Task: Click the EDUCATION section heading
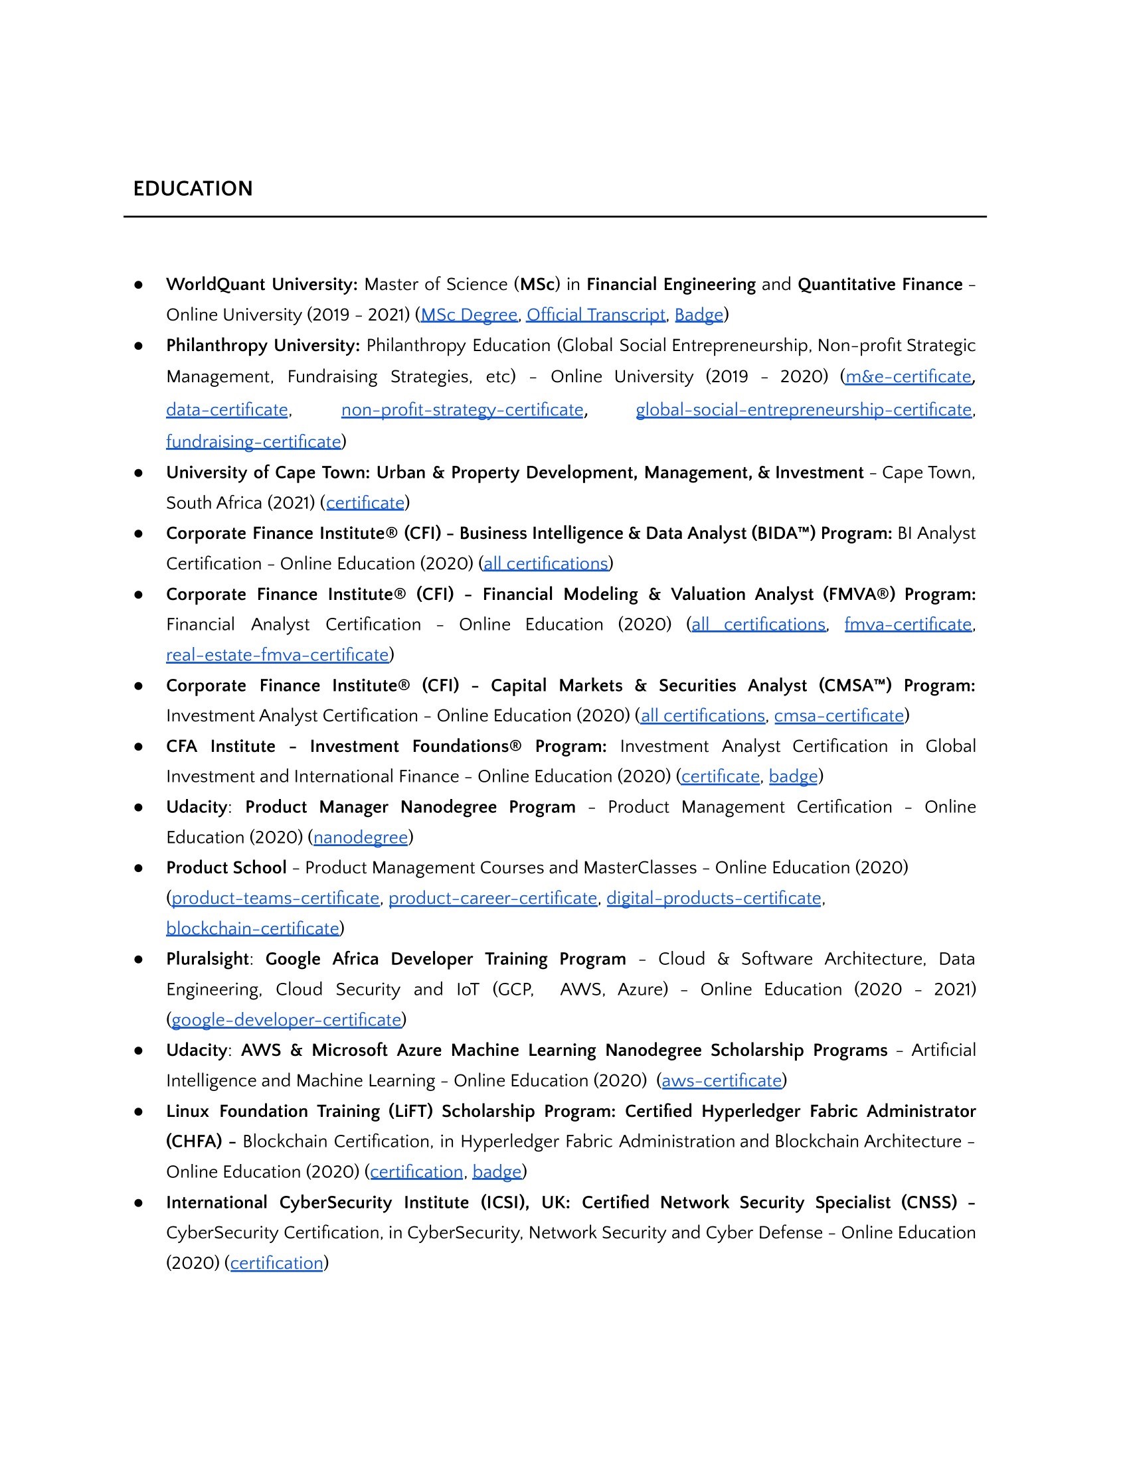(x=193, y=188)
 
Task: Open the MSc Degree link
(x=469, y=315)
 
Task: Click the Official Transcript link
(x=595, y=315)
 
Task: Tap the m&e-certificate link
(x=909, y=377)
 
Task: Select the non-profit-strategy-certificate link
(x=462, y=409)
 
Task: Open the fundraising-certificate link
(x=254, y=442)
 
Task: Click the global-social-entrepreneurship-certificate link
(x=804, y=409)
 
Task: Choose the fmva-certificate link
(x=908, y=624)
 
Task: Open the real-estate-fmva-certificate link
(x=277, y=655)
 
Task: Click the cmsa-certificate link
(x=839, y=716)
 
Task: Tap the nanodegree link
(x=361, y=838)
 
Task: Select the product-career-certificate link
(x=493, y=899)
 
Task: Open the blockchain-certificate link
(x=252, y=928)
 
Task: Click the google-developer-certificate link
(x=286, y=1020)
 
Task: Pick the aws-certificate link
(x=722, y=1081)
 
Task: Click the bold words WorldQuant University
(x=261, y=285)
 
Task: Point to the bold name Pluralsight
(x=207, y=960)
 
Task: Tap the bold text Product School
(x=226, y=868)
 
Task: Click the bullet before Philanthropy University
(x=138, y=346)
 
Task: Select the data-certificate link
(x=226, y=409)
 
